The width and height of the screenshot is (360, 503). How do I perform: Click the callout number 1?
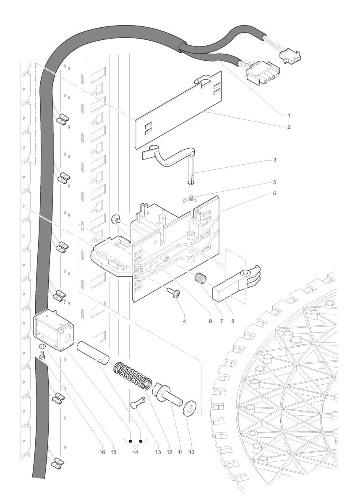click(289, 116)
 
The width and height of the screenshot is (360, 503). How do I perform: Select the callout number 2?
click(289, 127)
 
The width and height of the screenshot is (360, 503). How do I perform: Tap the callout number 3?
click(274, 160)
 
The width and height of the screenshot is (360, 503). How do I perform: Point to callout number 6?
click(274, 193)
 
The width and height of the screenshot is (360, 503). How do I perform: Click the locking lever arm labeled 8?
click(236, 283)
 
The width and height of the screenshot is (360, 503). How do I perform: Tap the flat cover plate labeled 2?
click(179, 110)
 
